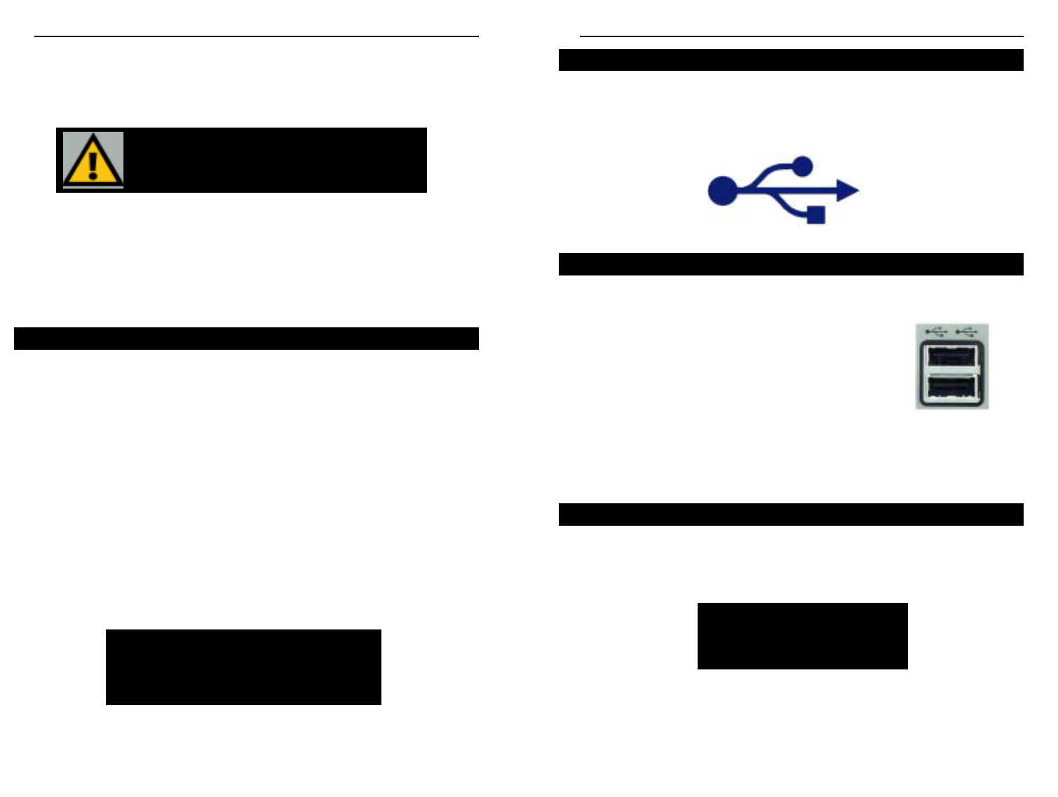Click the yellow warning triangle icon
click(x=93, y=160)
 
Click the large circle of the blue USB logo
click(x=722, y=191)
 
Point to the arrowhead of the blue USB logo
click(x=848, y=191)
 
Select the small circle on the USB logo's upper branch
click(x=802, y=166)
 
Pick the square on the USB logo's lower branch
click(x=815, y=214)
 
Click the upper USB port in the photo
click(x=951, y=356)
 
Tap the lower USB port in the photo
click(x=951, y=388)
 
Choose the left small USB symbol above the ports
click(x=936, y=331)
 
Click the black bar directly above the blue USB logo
click(x=791, y=60)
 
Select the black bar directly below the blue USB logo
click(x=791, y=264)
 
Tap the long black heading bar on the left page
click(x=246, y=339)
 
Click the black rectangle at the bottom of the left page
click(x=243, y=667)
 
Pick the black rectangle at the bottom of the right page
click(x=802, y=636)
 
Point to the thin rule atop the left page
click(x=257, y=36)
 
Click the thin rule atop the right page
click(x=801, y=36)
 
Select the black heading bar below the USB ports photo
click(x=791, y=515)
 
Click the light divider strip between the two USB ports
click(x=951, y=372)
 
